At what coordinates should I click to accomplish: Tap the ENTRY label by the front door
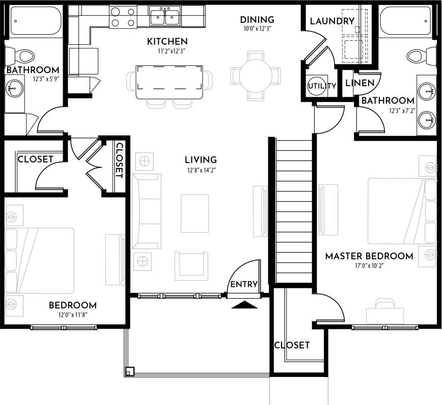point(244,284)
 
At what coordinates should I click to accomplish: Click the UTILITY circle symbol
point(321,86)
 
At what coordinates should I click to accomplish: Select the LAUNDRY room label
point(331,21)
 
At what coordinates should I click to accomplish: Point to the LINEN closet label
point(360,83)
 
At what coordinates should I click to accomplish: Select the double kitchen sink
point(165,17)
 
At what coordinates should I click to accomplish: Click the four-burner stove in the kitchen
point(123,17)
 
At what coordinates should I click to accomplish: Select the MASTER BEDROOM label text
point(369,256)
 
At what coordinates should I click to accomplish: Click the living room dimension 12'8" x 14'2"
point(201,170)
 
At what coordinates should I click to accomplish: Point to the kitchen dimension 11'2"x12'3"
point(167,51)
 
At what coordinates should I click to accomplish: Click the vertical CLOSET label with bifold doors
point(119,160)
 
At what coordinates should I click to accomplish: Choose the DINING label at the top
point(257,20)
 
